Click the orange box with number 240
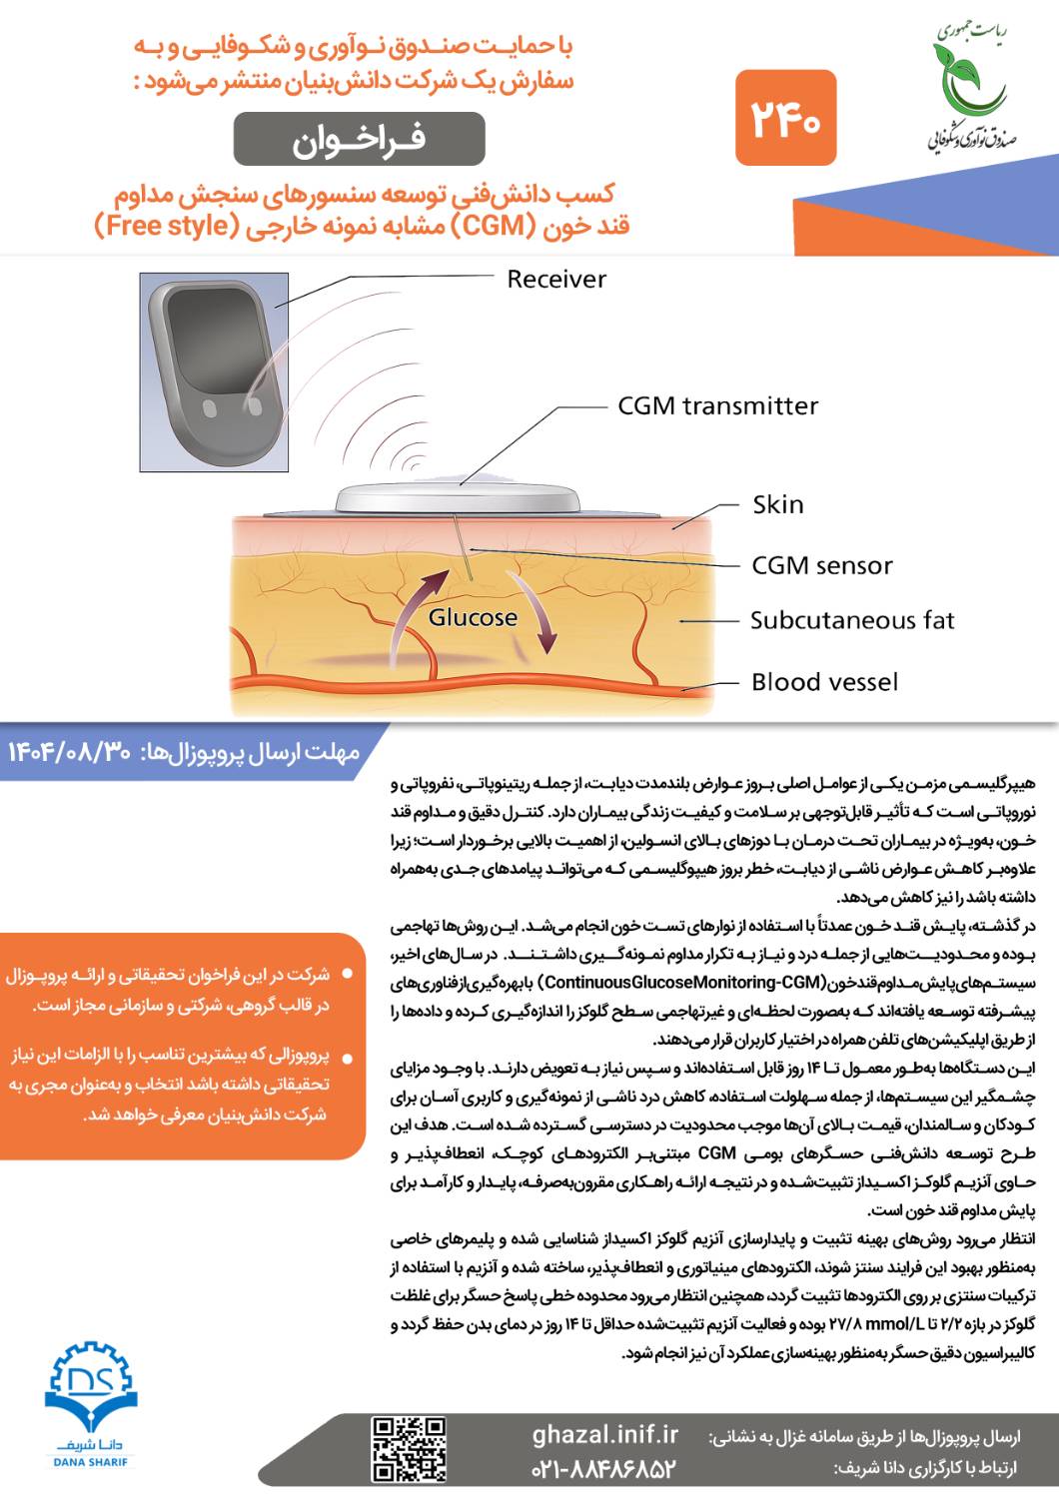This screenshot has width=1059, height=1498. (x=785, y=119)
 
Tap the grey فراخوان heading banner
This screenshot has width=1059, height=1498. (x=359, y=138)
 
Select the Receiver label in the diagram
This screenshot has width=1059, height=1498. (x=556, y=279)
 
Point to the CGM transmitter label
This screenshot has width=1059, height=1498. (x=717, y=405)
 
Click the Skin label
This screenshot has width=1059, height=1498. (x=777, y=504)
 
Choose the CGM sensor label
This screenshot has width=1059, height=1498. (x=821, y=565)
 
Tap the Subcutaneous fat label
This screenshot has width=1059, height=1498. (x=852, y=620)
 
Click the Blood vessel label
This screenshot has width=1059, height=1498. (x=824, y=682)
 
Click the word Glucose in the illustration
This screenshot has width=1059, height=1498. (x=473, y=617)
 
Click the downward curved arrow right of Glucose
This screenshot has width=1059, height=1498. (x=535, y=614)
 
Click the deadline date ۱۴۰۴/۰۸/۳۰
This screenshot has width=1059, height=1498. (x=69, y=751)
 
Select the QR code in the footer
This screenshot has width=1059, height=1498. (x=409, y=1449)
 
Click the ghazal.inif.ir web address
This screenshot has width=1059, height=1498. (x=604, y=1435)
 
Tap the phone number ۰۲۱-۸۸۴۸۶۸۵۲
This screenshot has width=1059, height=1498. (x=603, y=1469)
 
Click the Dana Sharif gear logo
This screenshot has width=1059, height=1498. (x=90, y=1392)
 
